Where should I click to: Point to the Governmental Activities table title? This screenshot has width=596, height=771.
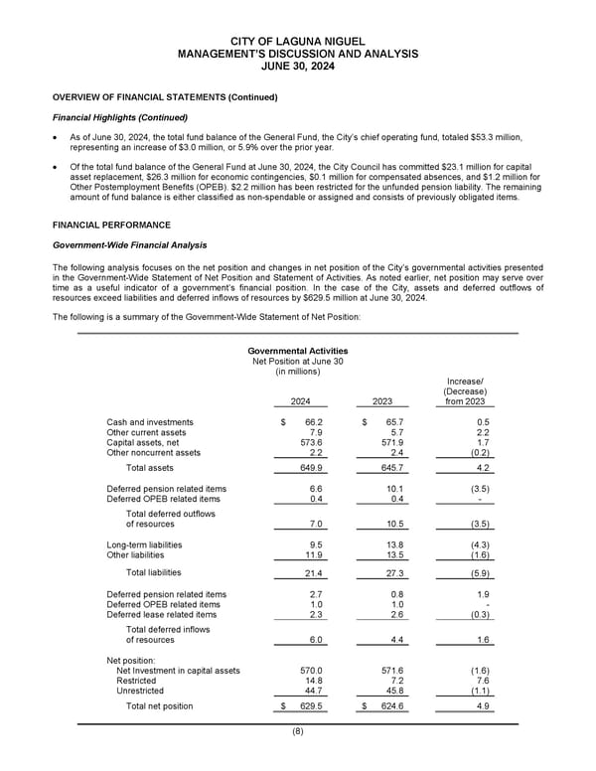coord(298,350)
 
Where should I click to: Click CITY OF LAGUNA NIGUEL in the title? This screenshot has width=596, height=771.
coord(298,39)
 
